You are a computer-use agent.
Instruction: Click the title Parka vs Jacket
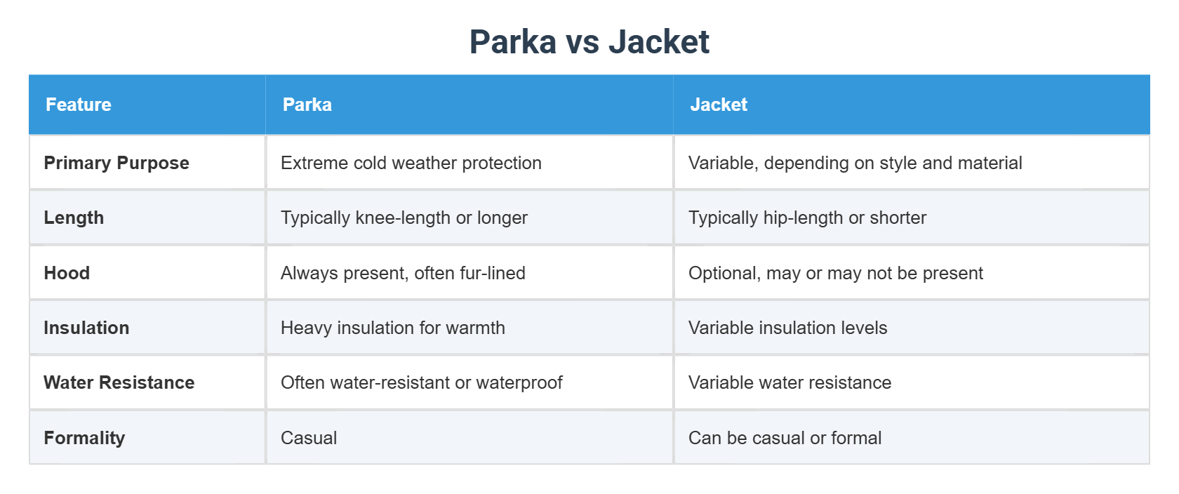pyautogui.click(x=589, y=41)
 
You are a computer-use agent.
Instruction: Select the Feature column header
pyautogui.click(x=79, y=105)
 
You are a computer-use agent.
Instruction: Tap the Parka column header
pyautogui.click(x=307, y=105)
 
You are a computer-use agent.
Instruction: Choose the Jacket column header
pyautogui.click(x=719, y=105)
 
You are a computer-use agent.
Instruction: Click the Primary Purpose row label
pyautogui.click(x=116, y=163)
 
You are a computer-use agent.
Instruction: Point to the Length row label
pyautogui.click(x=74, y=218)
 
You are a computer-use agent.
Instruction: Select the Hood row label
pyautogui.click(x=67, y=273)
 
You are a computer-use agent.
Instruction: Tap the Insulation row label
pyautogui.click(x=86, y=328)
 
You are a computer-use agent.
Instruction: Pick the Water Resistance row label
pyautogui.click(x=119, y=382)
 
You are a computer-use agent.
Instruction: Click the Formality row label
pyautogui.click(x=84, y=438)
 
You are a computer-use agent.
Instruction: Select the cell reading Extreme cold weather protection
pyautogui.click(x=411, y=163)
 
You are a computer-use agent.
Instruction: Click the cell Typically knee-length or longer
pyautogui.click(x=404, y=218)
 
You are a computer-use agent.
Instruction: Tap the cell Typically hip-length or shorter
pyautogui.click(x=807, y=218)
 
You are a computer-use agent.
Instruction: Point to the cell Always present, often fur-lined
pyautogui.click(x=403, y=273)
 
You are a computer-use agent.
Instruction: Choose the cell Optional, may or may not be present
pyautogui.click(x=836, y=273)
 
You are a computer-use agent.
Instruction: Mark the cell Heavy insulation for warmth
pyautogui.click(x=393, y=328)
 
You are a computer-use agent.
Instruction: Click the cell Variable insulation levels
pyautogui.click(x=787, y=328)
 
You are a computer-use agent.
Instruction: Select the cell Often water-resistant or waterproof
pyautogui.click(x=422, y=382)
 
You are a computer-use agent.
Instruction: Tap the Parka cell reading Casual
pyautogui.click(x=309, y=438)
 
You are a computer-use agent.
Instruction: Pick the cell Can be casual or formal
pyautogui.click(x=785, y=438)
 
